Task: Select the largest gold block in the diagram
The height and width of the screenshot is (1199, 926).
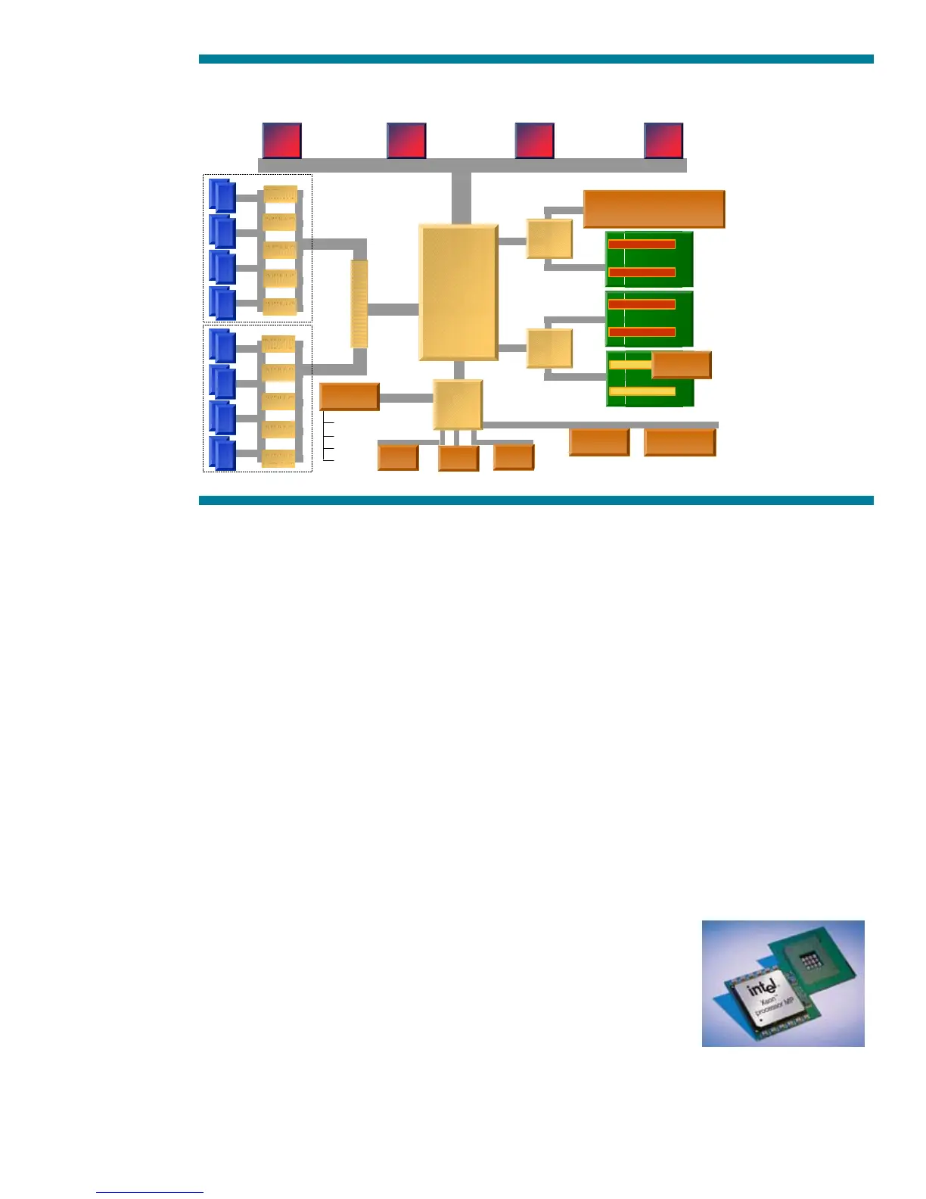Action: pyautogui.click(x=458, y=292)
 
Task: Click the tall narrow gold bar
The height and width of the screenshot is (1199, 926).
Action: pyautogui.click(x=359, y=304)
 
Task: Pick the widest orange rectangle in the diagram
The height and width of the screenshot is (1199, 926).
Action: pyautogui.click(x=654, y=209)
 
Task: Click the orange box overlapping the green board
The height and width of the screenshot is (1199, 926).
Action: pyautogui.click(x=681, y=365)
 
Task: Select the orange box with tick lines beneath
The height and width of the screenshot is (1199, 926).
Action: pyautogui.click(x=349, y=397)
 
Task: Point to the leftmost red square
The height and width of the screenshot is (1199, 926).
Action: pyautogui.click(x=281, y=141)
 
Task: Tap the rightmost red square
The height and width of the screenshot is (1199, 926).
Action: pyautogui.click(x=663, y=141)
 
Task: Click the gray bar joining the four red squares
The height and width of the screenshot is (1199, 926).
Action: pyautogui.click(x=472, y=165)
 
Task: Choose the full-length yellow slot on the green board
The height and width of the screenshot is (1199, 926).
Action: pyautogui.click(x=642, y=391)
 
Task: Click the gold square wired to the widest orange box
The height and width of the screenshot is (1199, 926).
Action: pyautogui.click(x=549, y=239)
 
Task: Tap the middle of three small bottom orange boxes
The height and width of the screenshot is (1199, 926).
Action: pyautogui.click(x=458, y=458)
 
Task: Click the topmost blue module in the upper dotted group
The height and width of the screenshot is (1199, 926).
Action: pyautogui.click(x=222, y=196)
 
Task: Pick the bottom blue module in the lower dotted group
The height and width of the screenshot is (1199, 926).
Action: pyautogui.click(x=222, y=453)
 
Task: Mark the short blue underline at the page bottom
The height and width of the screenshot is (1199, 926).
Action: pyautogui.click(x=150, y=1192)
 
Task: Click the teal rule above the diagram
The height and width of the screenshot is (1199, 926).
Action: pyautogui.click(x=536, y=59)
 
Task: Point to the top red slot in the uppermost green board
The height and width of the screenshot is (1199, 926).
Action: pyautogui.click(x=642, y=244)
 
